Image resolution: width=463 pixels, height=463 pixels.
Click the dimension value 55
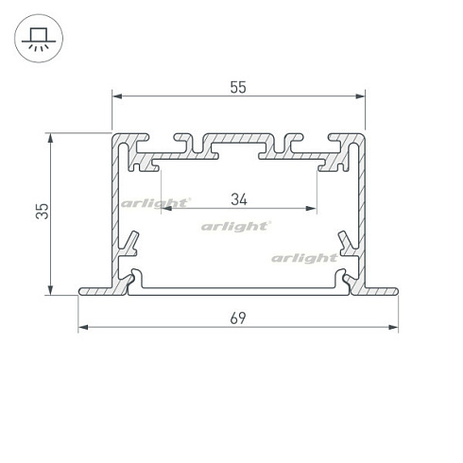coord(237,87)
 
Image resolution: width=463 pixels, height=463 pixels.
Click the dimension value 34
coord(238,199)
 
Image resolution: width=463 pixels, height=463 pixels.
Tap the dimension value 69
coord(237,317)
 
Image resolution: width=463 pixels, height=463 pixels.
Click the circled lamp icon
coord(37,38)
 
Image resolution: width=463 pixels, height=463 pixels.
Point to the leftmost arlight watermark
coord(156,202)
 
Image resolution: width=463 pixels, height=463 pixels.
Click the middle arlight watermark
coord(237,227)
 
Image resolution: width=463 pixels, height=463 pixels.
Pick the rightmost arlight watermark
coord(304,257)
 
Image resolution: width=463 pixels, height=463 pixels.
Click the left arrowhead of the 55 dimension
coord(116,95)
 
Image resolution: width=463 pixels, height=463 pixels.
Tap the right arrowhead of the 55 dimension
coord(360,95)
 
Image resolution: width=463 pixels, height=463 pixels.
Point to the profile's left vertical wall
coord(114,208)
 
